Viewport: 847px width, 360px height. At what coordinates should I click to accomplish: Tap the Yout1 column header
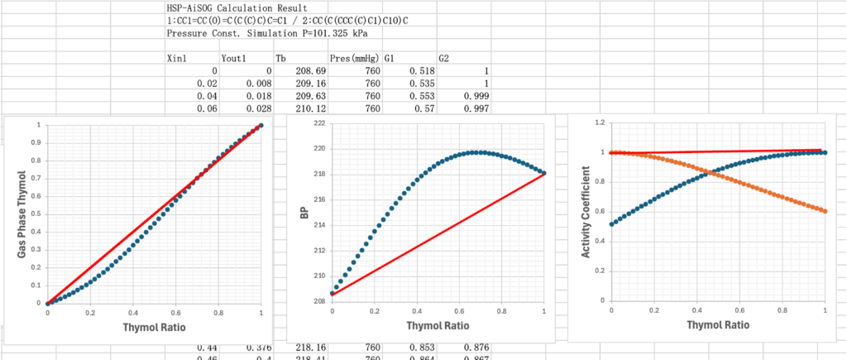click(235, 59)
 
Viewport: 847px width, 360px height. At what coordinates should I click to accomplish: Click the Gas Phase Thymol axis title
click(22, 214)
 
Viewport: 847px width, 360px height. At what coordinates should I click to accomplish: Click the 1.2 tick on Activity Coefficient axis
click(598, 122)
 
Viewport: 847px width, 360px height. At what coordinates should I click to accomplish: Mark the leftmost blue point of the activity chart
click(611, 224)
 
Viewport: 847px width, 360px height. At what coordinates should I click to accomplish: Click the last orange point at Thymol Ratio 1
click(825, 211)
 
